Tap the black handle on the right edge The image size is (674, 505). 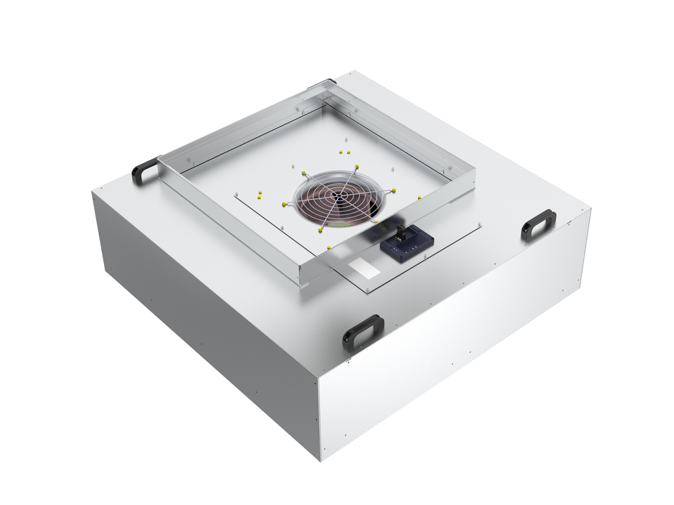[x=538, y=224]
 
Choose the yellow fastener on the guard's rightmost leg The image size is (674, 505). [x=394, y=191]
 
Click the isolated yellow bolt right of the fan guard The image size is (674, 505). [x=419, y=197]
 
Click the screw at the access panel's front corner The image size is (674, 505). [x=366, y=289]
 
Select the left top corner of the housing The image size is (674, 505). [x=93, y=191]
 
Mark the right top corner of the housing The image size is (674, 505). [x=589, y=209]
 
